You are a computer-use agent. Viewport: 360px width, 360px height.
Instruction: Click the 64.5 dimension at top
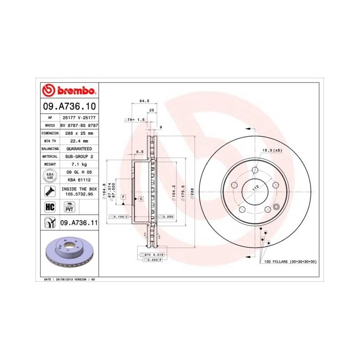point(145,101)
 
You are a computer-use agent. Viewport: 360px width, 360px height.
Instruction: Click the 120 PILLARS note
point(291,262)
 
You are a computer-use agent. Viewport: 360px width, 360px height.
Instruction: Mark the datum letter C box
point(140,198)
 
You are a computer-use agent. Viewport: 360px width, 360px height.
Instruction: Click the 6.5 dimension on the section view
point(139,152)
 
